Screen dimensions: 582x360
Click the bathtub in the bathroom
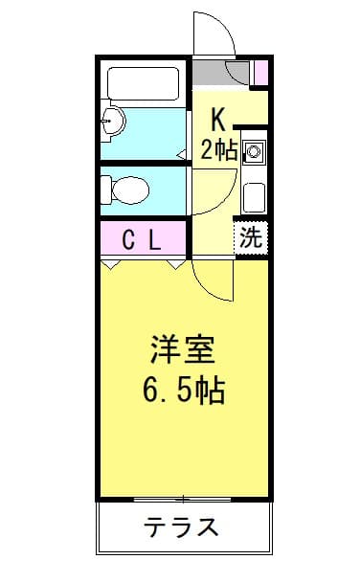144,83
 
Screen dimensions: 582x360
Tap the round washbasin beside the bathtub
113,121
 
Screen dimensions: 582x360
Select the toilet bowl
124,190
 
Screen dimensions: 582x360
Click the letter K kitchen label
218,119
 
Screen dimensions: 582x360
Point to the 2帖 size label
218,148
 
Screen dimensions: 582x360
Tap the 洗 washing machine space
251,237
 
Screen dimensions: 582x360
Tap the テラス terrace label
182,527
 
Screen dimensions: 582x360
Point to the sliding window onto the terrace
182,499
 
